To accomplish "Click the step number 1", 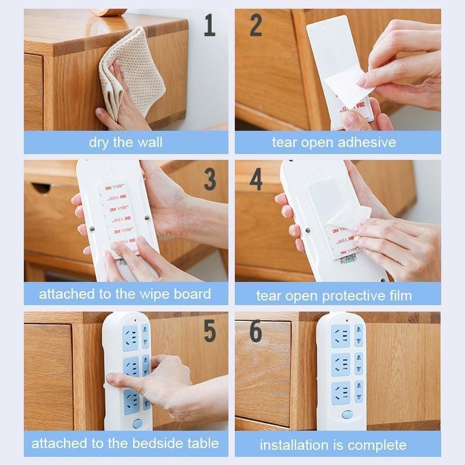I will tap(209, 26).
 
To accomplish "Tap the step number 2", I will tap(256, 26).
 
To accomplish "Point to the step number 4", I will tap(256, 180).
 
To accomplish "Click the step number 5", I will tap(209, 331).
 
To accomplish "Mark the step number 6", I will tap(256, 331).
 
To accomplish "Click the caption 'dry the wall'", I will tap(126, 142).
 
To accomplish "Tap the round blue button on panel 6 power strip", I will tap(347, 415).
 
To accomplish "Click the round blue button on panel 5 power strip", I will tap(137, 423).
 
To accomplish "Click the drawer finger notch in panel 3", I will tap(42, 189).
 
